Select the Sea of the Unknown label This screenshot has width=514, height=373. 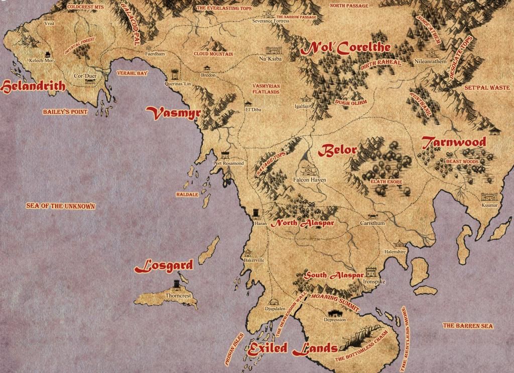[61, 206]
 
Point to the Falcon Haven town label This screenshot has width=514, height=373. [309, 180]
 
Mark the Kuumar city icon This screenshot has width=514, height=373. [488, 197]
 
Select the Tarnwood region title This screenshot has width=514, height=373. [454, 142]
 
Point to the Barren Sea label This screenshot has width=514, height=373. [468, 326]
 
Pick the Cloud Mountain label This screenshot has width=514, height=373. [213, 54]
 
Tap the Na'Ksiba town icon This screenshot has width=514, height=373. [274, 51]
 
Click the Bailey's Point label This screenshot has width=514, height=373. [65, 111]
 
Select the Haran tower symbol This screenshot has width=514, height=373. [257, 213]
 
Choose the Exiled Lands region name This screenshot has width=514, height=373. [292, 347]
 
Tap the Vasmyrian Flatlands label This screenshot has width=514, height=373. [266, 89]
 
